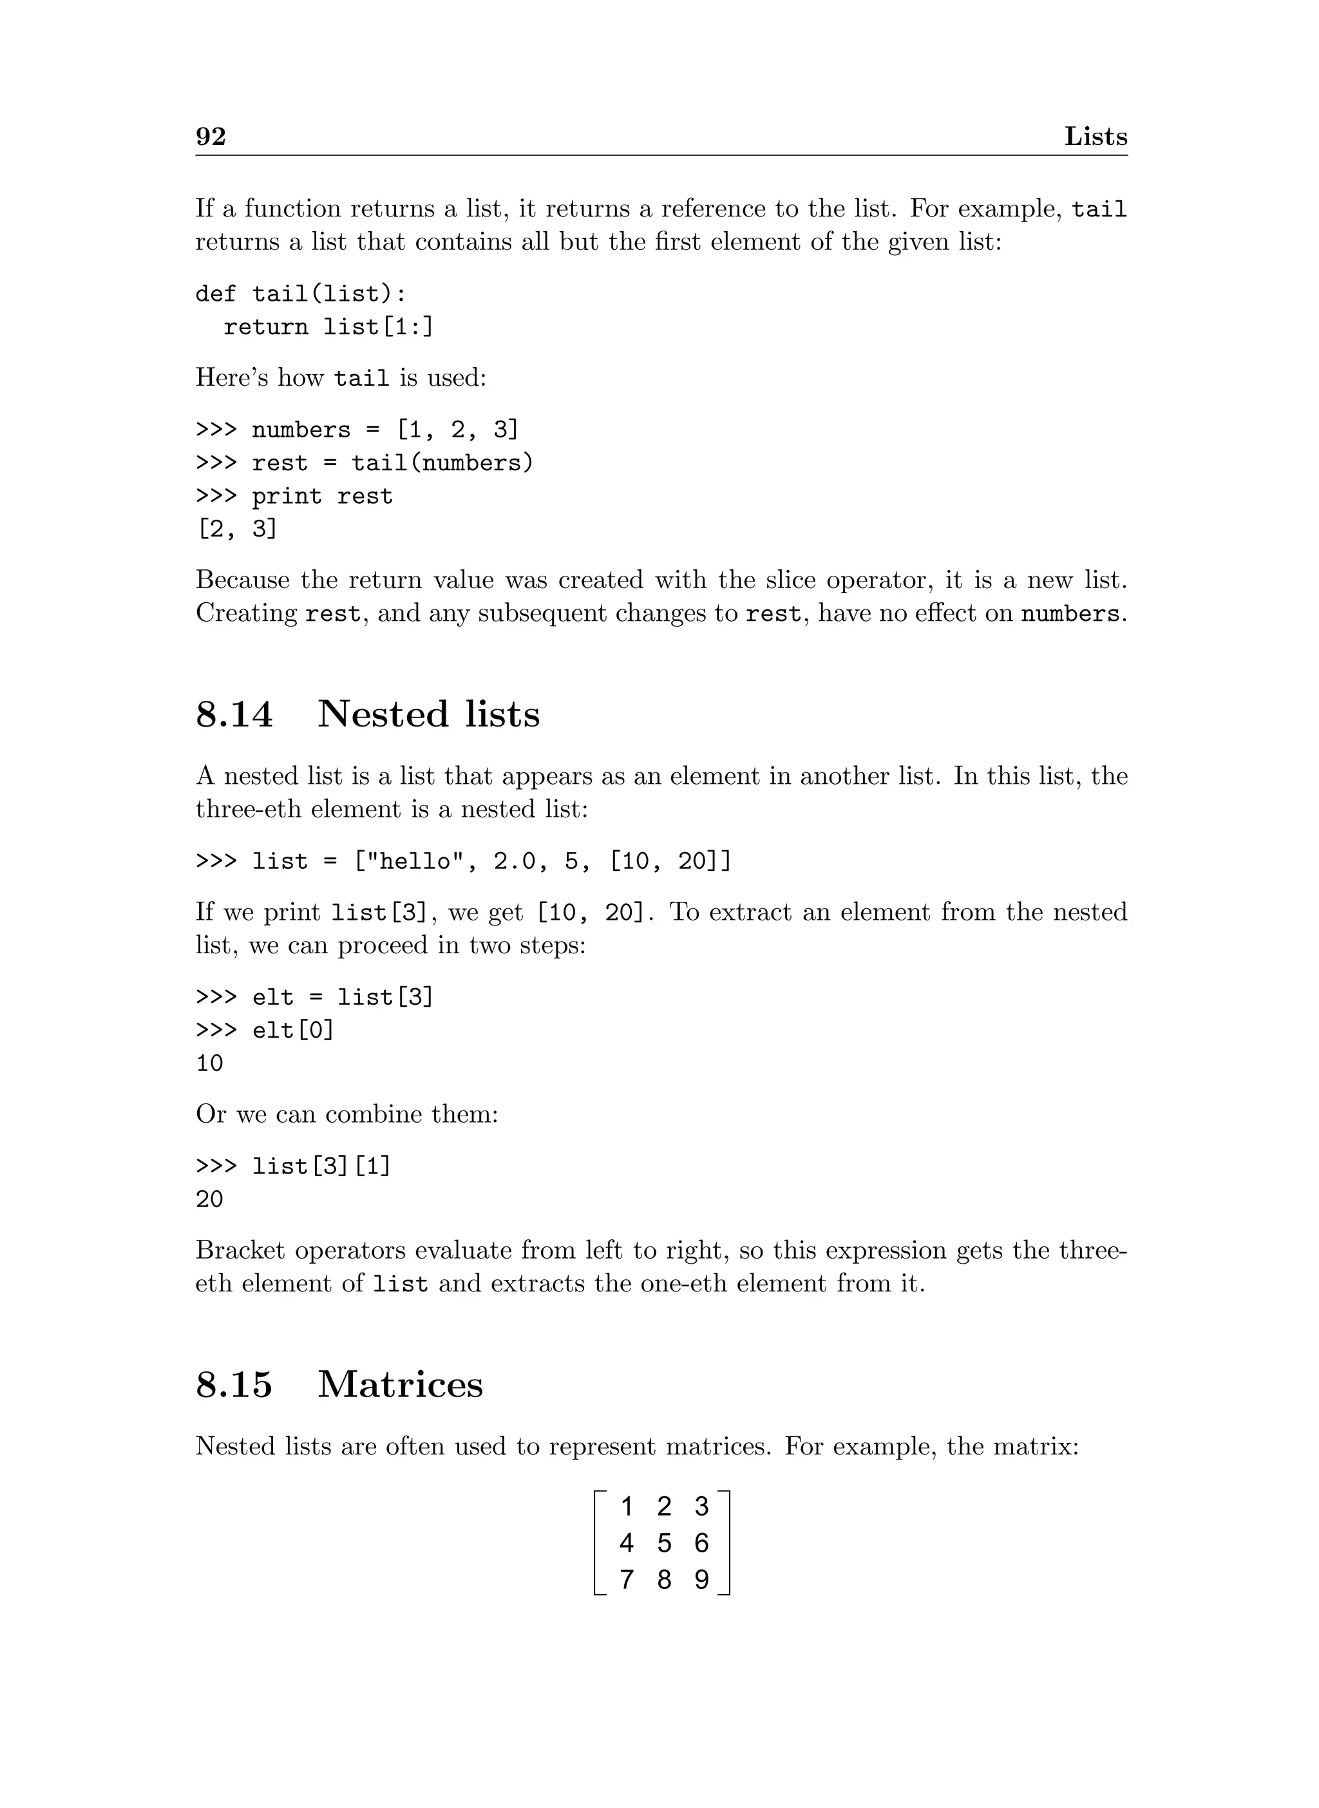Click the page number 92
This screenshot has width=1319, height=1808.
tap(211, 137)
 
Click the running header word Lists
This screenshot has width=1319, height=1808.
tap(1096, 137)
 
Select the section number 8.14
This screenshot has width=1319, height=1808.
tap(234, 714)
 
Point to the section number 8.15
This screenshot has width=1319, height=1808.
tap(234, 1384)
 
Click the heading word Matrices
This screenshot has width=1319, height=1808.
tap(400, 1384)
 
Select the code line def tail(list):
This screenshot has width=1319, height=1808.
tap(301, 294)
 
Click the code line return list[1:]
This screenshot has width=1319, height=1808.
tap(328, 327)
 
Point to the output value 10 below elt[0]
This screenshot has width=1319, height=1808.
tap(210, 1063)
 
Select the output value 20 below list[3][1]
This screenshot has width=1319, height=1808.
tap(210, 1199)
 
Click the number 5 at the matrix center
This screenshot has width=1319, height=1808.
tap(663, 1543)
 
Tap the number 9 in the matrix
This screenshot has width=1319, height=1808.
tap(701, 1579)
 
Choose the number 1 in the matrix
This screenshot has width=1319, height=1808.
tap(627, 1506)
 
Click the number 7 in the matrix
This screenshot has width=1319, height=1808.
tap(627, 1579)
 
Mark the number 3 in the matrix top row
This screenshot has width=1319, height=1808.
tap(701, 1506)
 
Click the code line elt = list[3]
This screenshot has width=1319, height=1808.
tap(314, 996)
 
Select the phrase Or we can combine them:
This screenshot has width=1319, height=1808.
tap(347, 1114)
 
